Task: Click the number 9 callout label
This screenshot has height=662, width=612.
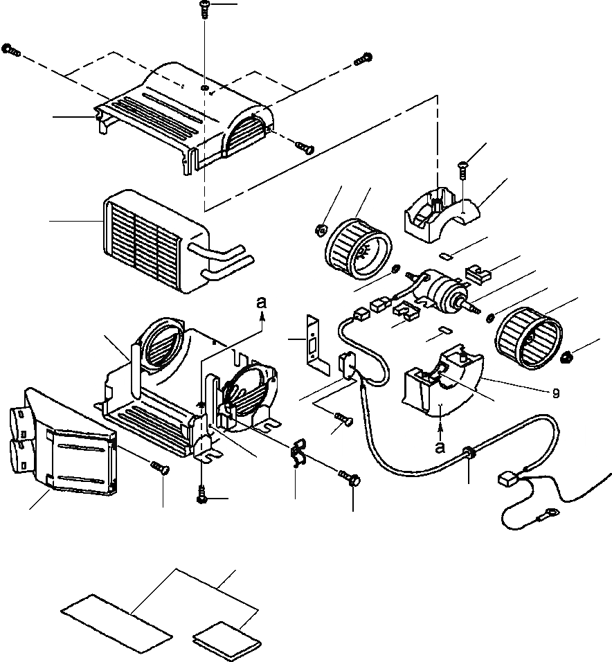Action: [556, 393]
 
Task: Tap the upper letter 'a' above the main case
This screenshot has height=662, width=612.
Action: [260, 303]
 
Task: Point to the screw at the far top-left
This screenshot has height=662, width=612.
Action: [10, 49]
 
